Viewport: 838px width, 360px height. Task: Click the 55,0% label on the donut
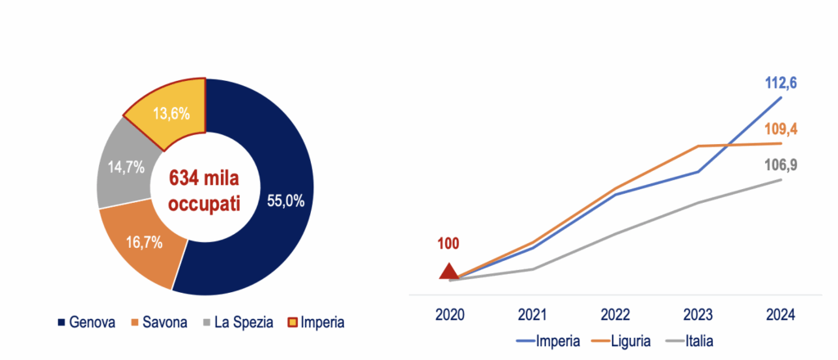285,201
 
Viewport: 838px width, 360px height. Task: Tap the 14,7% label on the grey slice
125,167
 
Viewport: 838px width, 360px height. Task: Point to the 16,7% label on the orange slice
144,243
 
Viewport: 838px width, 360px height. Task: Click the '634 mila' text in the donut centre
205,178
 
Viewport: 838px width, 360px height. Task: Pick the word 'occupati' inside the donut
205,204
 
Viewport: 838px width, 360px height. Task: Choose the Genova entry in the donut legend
87,322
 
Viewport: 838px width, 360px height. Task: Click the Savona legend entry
160,322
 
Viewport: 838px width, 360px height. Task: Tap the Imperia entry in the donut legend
316,322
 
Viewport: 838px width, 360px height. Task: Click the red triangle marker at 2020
449,272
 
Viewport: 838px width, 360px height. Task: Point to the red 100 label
448,244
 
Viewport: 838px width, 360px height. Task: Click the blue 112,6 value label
780,83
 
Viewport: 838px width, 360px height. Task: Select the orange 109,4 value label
780,129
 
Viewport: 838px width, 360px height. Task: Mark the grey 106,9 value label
780,165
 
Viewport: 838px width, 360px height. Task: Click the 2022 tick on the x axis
615,315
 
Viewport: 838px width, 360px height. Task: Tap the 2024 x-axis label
780,315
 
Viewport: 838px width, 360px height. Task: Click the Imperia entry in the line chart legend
547,340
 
